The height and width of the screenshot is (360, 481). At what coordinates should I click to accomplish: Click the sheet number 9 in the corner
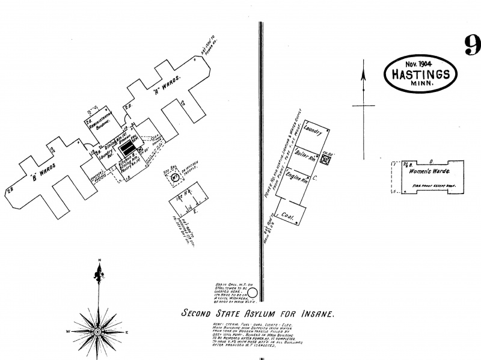[471, 45]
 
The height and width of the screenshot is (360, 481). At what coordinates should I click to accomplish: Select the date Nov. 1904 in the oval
[420, 64]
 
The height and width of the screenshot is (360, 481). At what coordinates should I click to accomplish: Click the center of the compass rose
[97, 332]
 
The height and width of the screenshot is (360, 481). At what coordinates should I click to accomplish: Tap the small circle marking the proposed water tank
[253, 293]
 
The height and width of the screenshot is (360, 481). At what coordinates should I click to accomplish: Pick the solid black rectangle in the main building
[126, 147]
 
